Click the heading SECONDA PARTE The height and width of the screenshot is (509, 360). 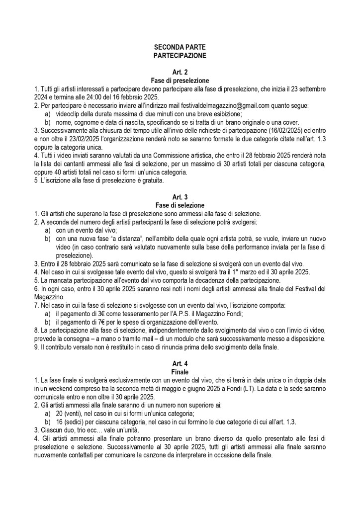click(x=180, y=47)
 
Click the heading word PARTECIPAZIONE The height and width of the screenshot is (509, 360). click(x=180, y=55)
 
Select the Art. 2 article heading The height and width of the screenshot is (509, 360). click(x=180, y=72)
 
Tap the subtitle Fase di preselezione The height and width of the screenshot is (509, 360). click(x=180, y=80)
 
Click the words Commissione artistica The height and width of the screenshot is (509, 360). click(x=170, y=155)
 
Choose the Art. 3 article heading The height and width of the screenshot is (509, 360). click(x=180, y=197)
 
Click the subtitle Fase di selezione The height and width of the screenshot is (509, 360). click(x=180, y=205)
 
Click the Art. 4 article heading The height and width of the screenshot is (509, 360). click(x=180, y=363)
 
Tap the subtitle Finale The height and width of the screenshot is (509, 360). click(x=180, y=371)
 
